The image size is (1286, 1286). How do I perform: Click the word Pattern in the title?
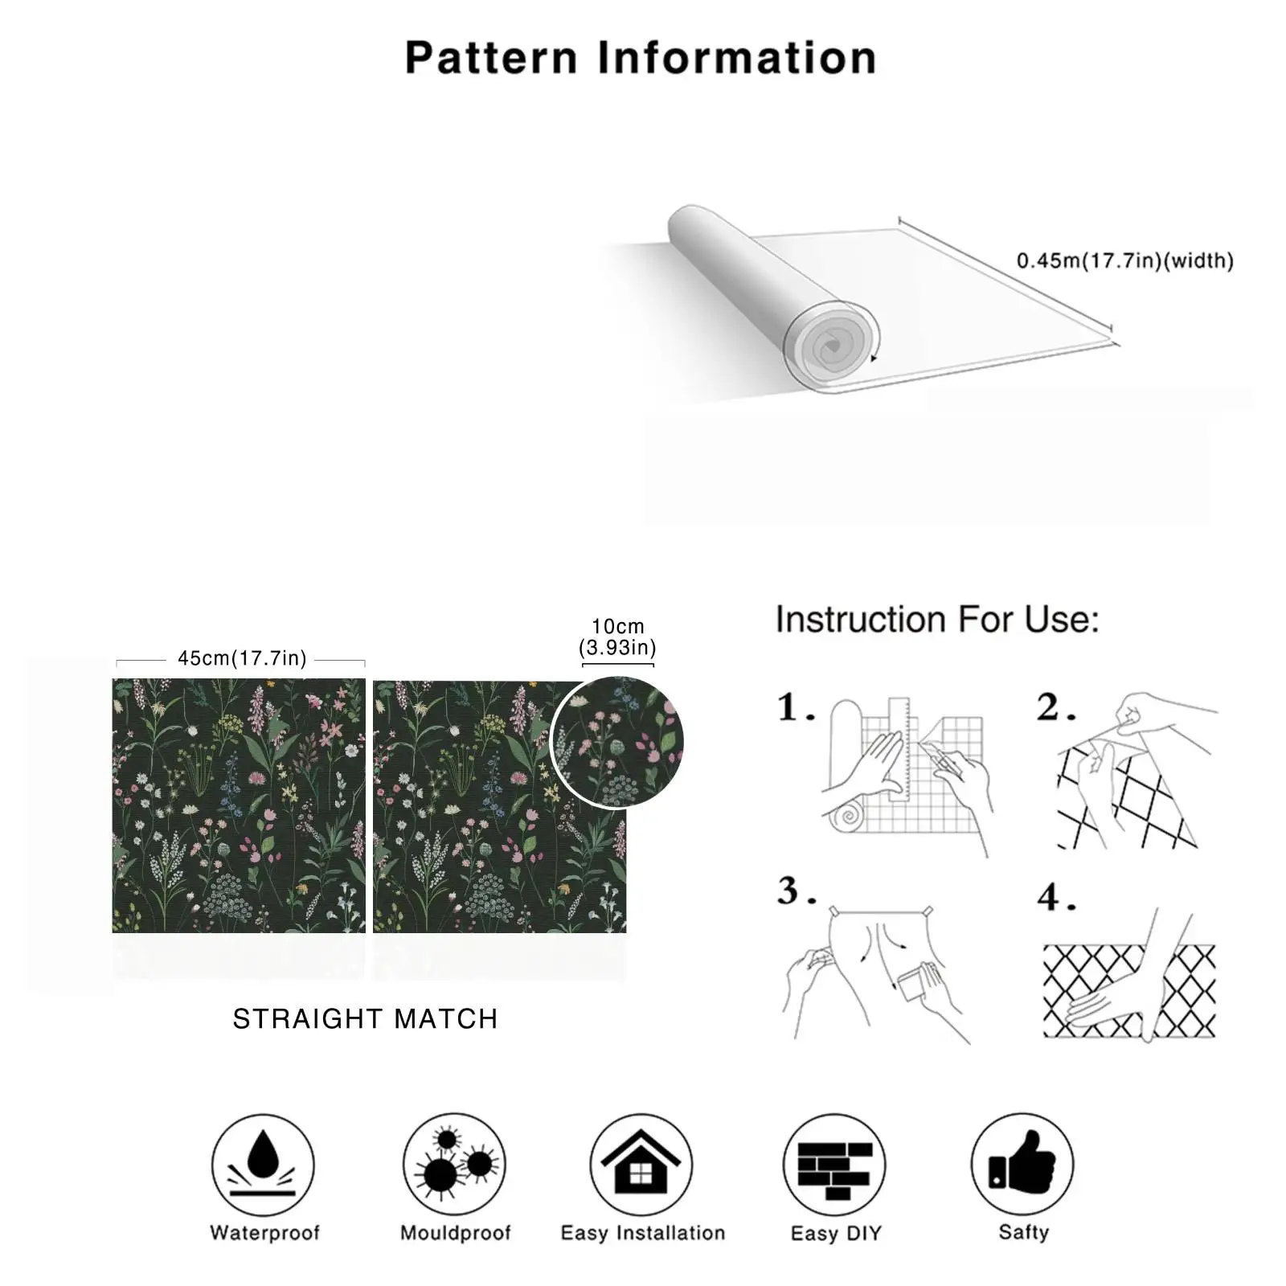491,58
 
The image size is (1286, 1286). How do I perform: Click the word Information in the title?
737,58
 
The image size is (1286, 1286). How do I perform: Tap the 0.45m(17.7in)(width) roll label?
1124,260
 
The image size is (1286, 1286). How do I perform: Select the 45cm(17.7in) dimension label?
242,658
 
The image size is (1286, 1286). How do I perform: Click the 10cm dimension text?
617,626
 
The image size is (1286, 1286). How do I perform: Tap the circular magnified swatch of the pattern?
617,741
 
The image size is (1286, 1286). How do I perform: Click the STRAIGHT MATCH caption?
365,1018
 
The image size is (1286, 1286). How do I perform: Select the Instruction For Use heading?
937,620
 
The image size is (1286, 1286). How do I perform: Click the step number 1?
795,707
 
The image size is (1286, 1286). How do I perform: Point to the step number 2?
1055,707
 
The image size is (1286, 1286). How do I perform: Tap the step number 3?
796,891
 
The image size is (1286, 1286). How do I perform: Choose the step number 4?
1055,897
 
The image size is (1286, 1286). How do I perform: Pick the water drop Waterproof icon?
263,1165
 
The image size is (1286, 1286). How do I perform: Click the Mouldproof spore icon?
454,1165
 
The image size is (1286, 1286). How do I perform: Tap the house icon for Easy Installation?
641,1165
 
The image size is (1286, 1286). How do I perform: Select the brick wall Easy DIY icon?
834,1165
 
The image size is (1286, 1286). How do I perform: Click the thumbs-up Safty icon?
1022,1165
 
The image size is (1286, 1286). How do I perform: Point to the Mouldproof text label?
455,1233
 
